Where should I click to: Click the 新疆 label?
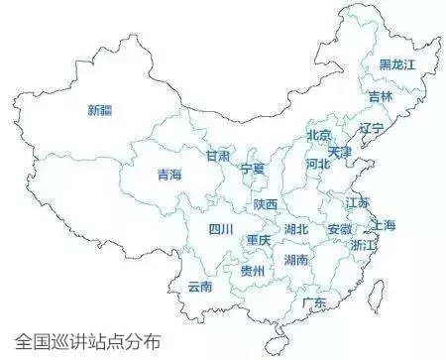pos(100,109)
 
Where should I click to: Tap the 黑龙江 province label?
pos(398,64)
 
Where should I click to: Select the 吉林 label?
pos(381,96)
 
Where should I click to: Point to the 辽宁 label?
pos(372,129)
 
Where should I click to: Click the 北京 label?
pos(319,135)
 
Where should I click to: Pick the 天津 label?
pos(340,153)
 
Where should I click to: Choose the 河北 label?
pos(318,163)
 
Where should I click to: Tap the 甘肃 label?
pos(218,157)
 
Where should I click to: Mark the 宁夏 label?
pos(254,170)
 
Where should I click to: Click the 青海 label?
pos(169,176)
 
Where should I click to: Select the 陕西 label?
pos(265,204)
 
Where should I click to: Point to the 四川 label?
pos(221,230)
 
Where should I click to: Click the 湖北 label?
pos(296,229)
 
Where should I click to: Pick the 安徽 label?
pos(339,230)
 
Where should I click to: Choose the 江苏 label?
pos(357,202)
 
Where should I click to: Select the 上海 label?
pos(384,225)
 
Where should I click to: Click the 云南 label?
pos(200,288)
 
